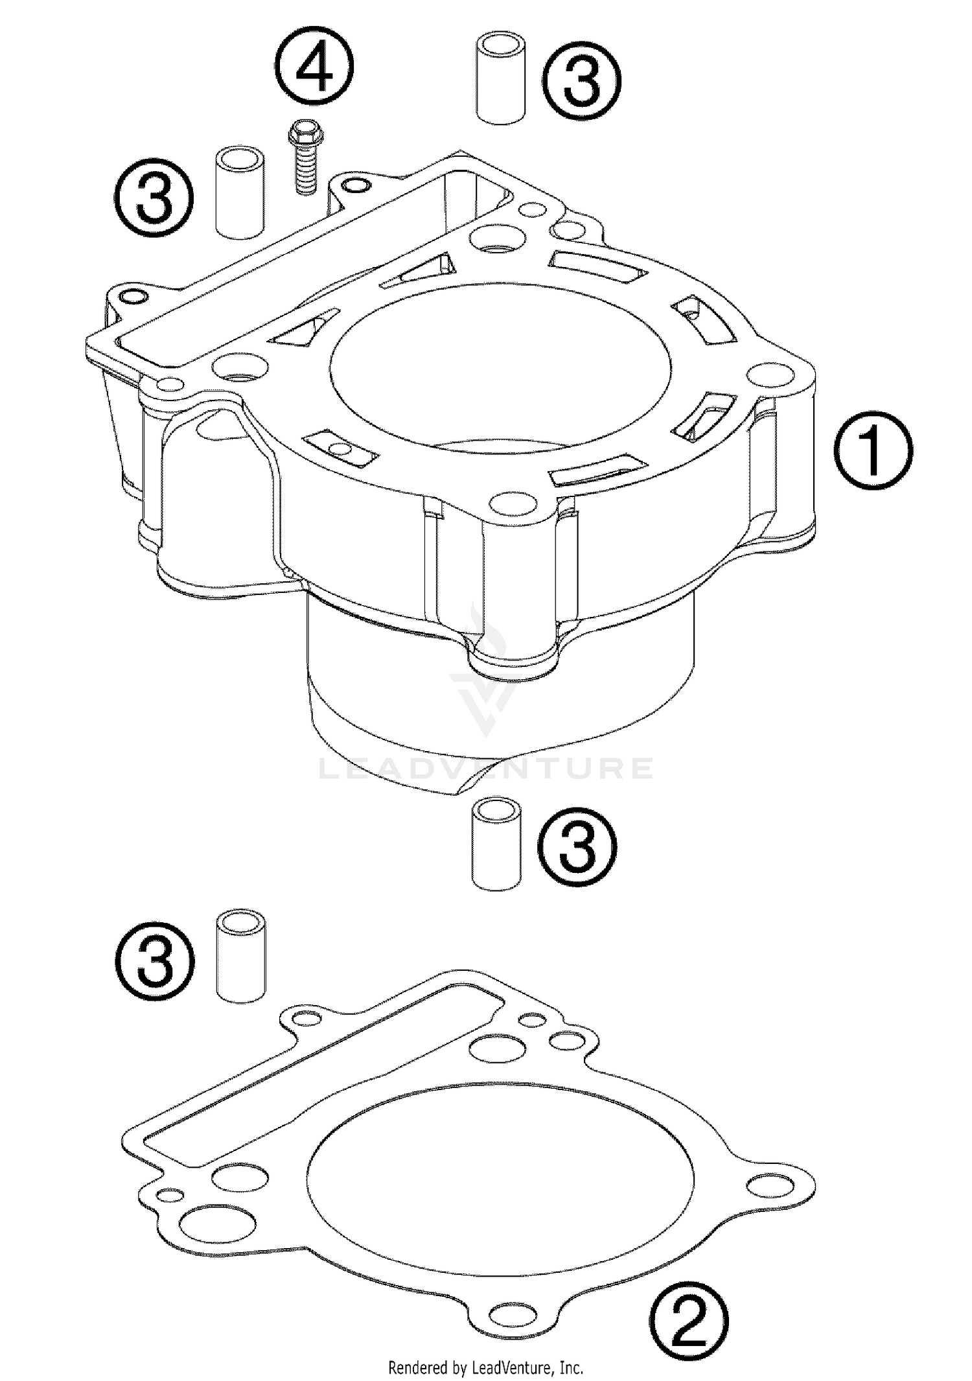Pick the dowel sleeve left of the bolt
[x=240, y=191]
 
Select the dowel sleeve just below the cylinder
[x=496, y=843]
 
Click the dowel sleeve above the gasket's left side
[x=241, y=956]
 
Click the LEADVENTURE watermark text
[x=486, y=769]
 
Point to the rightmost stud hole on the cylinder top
[x=770, y=376]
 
